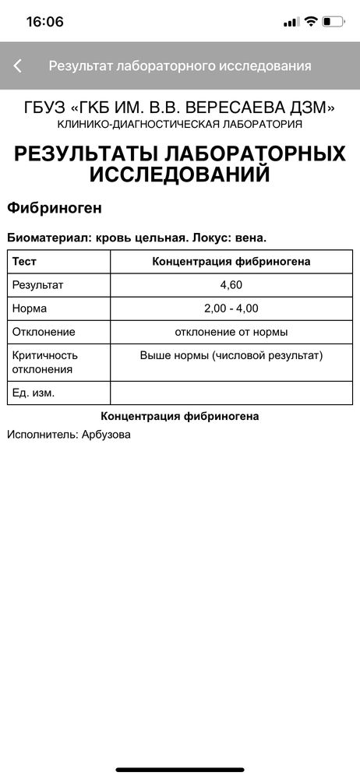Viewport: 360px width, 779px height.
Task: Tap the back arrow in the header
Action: (x=18, y=66)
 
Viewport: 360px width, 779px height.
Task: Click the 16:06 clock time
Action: (x=44, y=22)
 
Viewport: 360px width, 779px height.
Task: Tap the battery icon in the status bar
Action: (x=333, y=22)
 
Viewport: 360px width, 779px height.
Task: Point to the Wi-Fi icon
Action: (x=311, y=22)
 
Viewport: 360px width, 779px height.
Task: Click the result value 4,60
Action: (x=231, y=285)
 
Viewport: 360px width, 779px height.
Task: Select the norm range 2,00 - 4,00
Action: (x=231, y=308)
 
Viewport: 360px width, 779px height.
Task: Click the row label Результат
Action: (x=38, y=285)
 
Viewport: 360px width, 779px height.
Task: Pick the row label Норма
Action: (x=30, y=308)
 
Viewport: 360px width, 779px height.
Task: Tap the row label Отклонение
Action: (x=44, y=332)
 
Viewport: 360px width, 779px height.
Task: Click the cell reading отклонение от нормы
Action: (x=231, y=332)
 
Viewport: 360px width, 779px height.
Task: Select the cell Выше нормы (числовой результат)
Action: (x=231, y=355)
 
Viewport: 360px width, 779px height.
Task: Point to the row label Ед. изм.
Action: (x=34, y=393)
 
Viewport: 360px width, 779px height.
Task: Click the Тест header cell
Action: (x=25, y=262)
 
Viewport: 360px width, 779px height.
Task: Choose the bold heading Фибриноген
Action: (x=54, y=209)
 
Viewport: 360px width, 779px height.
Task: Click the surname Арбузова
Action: (x=106, y=435)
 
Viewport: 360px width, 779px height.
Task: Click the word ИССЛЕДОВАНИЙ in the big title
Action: (x=180, y=174)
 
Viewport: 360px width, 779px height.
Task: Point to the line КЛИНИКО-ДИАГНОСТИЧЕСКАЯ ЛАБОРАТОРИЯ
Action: (x=180, y=124)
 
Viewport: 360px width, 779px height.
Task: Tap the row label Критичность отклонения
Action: (x=45, y=361)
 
